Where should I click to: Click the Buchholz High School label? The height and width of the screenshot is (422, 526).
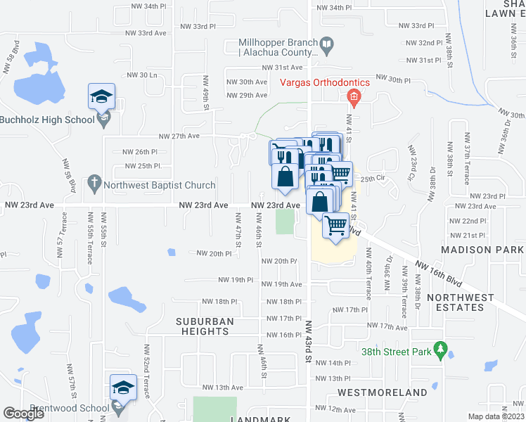(x=47, y=120)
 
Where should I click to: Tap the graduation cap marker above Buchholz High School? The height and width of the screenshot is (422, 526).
(x=101, y=96)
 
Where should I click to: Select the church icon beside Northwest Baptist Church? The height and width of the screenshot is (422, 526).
(x=94, y=185)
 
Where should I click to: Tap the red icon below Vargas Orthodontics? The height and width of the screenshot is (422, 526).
(x=354, y=97)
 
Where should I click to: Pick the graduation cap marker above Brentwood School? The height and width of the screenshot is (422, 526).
(x=122, y=388)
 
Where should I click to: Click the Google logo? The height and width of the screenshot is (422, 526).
(x=23, y=414)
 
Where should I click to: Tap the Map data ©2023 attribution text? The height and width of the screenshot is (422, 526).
(x=496, y=416)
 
